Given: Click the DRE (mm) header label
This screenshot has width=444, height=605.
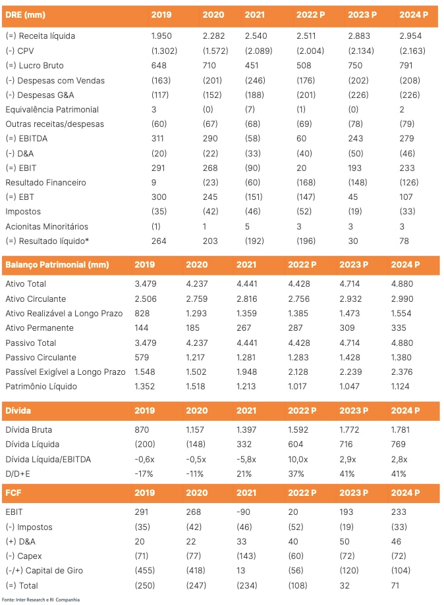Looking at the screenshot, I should pos(25,14).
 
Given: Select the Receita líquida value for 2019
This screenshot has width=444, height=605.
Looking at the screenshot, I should pos(161,36).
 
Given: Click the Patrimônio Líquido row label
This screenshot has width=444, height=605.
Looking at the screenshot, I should pos(41,386).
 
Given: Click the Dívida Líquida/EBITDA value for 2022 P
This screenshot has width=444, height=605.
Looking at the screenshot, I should pos(298,459).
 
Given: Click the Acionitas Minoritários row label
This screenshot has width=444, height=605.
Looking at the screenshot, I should pos(47,226).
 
